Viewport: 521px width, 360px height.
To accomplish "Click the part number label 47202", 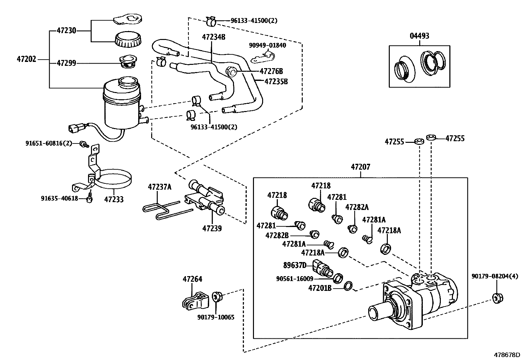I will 27,60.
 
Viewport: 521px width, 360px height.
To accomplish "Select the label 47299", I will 66,63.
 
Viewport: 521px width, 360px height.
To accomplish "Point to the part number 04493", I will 419,36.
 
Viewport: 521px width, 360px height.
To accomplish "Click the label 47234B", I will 213,37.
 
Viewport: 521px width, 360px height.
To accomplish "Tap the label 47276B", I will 271,71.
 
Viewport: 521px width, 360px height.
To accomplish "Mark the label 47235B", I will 276,81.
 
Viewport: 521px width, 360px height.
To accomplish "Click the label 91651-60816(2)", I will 48,143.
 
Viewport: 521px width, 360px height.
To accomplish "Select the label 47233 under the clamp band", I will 114,199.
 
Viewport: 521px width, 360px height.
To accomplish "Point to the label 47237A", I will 159,187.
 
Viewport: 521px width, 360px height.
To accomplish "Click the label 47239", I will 212,228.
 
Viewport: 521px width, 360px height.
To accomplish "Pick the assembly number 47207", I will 360,167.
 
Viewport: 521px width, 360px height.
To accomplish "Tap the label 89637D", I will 295,265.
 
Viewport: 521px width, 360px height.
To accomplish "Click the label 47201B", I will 320,288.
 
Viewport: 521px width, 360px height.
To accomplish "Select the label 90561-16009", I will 295,279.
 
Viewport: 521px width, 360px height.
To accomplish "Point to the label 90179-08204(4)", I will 495,276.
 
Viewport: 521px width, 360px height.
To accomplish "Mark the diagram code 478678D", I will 507,355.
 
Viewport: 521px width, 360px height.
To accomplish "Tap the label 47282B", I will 277,235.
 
